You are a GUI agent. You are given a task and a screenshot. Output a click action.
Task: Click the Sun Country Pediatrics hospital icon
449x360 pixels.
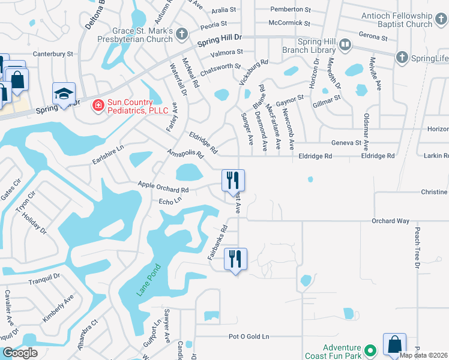97,106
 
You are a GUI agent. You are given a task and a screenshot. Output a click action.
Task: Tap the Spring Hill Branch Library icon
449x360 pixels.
345,44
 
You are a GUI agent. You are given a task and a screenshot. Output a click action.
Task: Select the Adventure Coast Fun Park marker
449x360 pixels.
371,350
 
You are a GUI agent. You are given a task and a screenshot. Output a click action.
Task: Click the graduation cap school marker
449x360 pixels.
63,94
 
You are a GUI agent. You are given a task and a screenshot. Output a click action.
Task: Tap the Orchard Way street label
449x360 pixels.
390,221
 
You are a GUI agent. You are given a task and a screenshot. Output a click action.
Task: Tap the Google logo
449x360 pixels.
19,353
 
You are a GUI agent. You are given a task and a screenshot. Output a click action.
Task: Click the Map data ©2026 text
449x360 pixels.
423,355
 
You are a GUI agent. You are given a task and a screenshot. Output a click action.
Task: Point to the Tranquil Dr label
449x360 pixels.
44,277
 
